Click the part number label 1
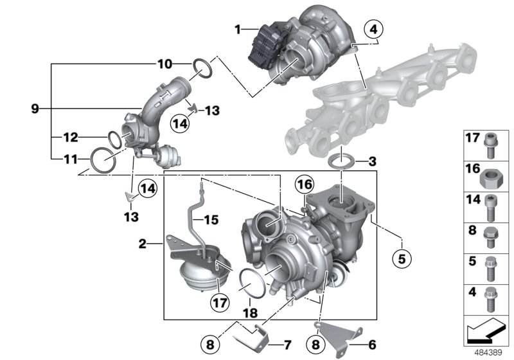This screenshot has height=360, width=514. click(238, 29)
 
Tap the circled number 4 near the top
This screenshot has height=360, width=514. click(372, 29)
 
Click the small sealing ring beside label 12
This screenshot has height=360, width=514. click(114, 138)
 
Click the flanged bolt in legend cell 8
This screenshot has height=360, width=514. click(490, 235)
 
